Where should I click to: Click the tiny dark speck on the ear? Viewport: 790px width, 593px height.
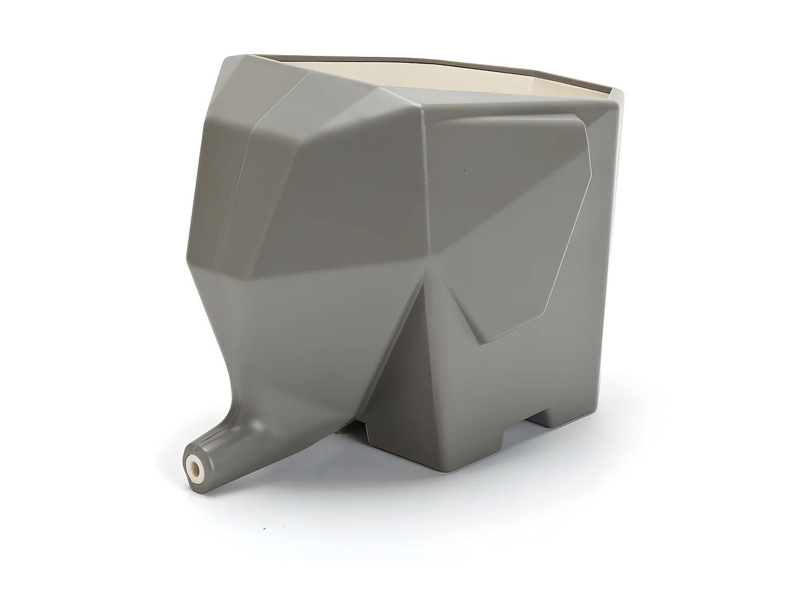(x=464, y=171)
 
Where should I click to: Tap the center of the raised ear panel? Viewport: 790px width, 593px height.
(x=506, y=221)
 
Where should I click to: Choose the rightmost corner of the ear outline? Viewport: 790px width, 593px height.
(x=591, y=174)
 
